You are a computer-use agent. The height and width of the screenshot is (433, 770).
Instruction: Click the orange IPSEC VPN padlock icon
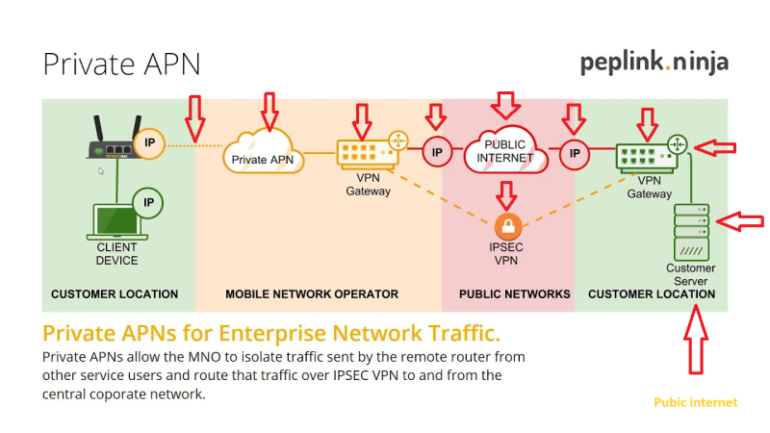(x=507, y=228)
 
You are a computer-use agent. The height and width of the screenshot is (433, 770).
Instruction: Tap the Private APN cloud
(x=262, y=156)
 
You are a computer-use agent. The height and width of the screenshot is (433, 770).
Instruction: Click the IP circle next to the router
(x=149, y=142)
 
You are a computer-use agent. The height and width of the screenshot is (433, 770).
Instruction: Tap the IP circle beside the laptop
(x=148, y=202)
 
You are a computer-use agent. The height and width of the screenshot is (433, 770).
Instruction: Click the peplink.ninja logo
(x=654, y=64)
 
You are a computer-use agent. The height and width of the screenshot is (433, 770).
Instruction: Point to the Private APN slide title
(x=121, y=64)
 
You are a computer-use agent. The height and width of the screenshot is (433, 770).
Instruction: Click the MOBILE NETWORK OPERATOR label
(x=312, y=294)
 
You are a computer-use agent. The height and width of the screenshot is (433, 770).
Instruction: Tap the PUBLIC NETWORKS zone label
(x=514, y=294)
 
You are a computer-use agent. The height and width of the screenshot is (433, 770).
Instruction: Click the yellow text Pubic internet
(x=695, y=402)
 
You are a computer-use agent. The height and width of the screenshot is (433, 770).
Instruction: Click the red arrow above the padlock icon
(x=506, y=195)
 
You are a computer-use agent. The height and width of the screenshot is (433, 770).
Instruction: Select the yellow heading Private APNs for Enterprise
(x=271, y=333)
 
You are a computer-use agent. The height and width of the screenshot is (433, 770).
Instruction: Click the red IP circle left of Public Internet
(x=437, y=152)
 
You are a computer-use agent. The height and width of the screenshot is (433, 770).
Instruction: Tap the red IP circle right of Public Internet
(x=576, y=152)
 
